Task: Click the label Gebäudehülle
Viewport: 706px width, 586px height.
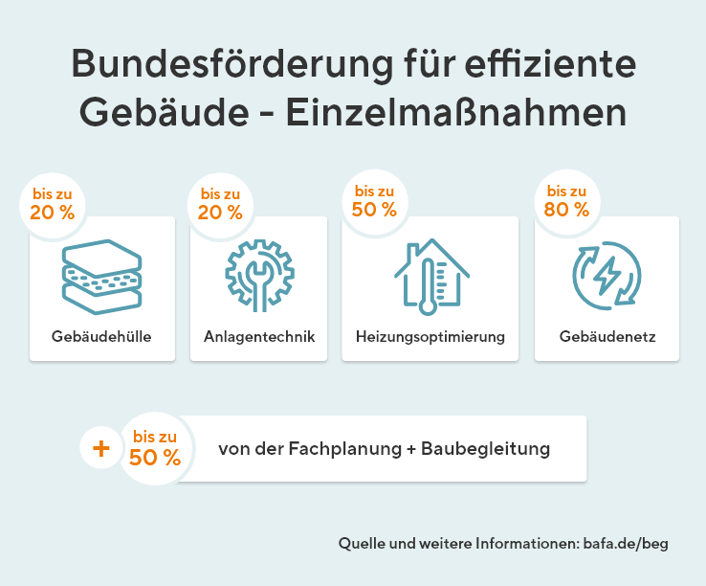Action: tap(101, 337)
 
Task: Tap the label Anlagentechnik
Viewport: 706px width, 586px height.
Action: tap(259, 337)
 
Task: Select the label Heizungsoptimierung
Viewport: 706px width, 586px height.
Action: tap(430, 337)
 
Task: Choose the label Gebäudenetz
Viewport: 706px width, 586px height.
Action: tap(607, 337)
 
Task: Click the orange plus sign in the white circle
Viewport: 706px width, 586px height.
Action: tap(101, 448)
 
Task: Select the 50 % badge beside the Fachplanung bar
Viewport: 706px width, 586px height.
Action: tap(155, 448)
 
